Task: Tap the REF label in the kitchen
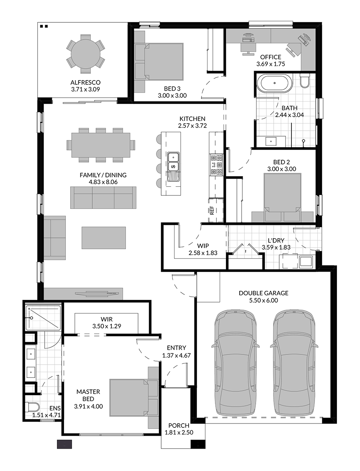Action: coord(212,210)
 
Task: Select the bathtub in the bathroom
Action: coord(275,84)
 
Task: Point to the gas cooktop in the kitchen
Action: coord(216,165)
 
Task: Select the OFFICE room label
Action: coord(271,57)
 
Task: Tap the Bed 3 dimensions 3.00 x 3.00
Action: coord(172,95)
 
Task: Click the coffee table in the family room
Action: coord(104,238)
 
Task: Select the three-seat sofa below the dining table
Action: coord(103,197)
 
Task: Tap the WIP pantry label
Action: coord(203,246)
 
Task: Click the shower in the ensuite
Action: coord(43,318)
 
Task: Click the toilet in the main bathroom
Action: coord(305,80)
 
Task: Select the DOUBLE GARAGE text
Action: coord(264,293)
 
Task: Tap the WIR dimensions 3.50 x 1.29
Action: coord(107,326)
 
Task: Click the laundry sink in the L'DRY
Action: coord(306,261)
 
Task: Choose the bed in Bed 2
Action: coord(282,197)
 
